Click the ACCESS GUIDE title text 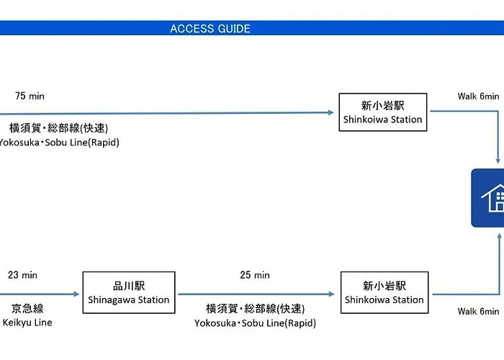tap(210, 29)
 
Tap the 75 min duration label tap(30, 96)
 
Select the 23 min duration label tap(22, 275)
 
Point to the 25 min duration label tap(255, 275)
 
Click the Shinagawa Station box tap(129, 292)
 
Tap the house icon tap(492, 198)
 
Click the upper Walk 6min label tap(478, 96)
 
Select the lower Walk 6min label tap(478, 311)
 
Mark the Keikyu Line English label tap(27, 323)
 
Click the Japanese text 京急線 tap(27, 309)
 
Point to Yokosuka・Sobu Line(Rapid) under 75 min tap(59, 143)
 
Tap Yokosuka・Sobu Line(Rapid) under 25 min tap(255, 323)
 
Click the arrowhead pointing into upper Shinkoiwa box tap(330, 112)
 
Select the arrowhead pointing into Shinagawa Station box tap(76, 294)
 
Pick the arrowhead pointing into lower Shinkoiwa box tap(331, 294)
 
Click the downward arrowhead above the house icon tap(498, 161)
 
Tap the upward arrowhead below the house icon tap(499, 236)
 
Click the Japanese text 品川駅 tap(129, 286)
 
